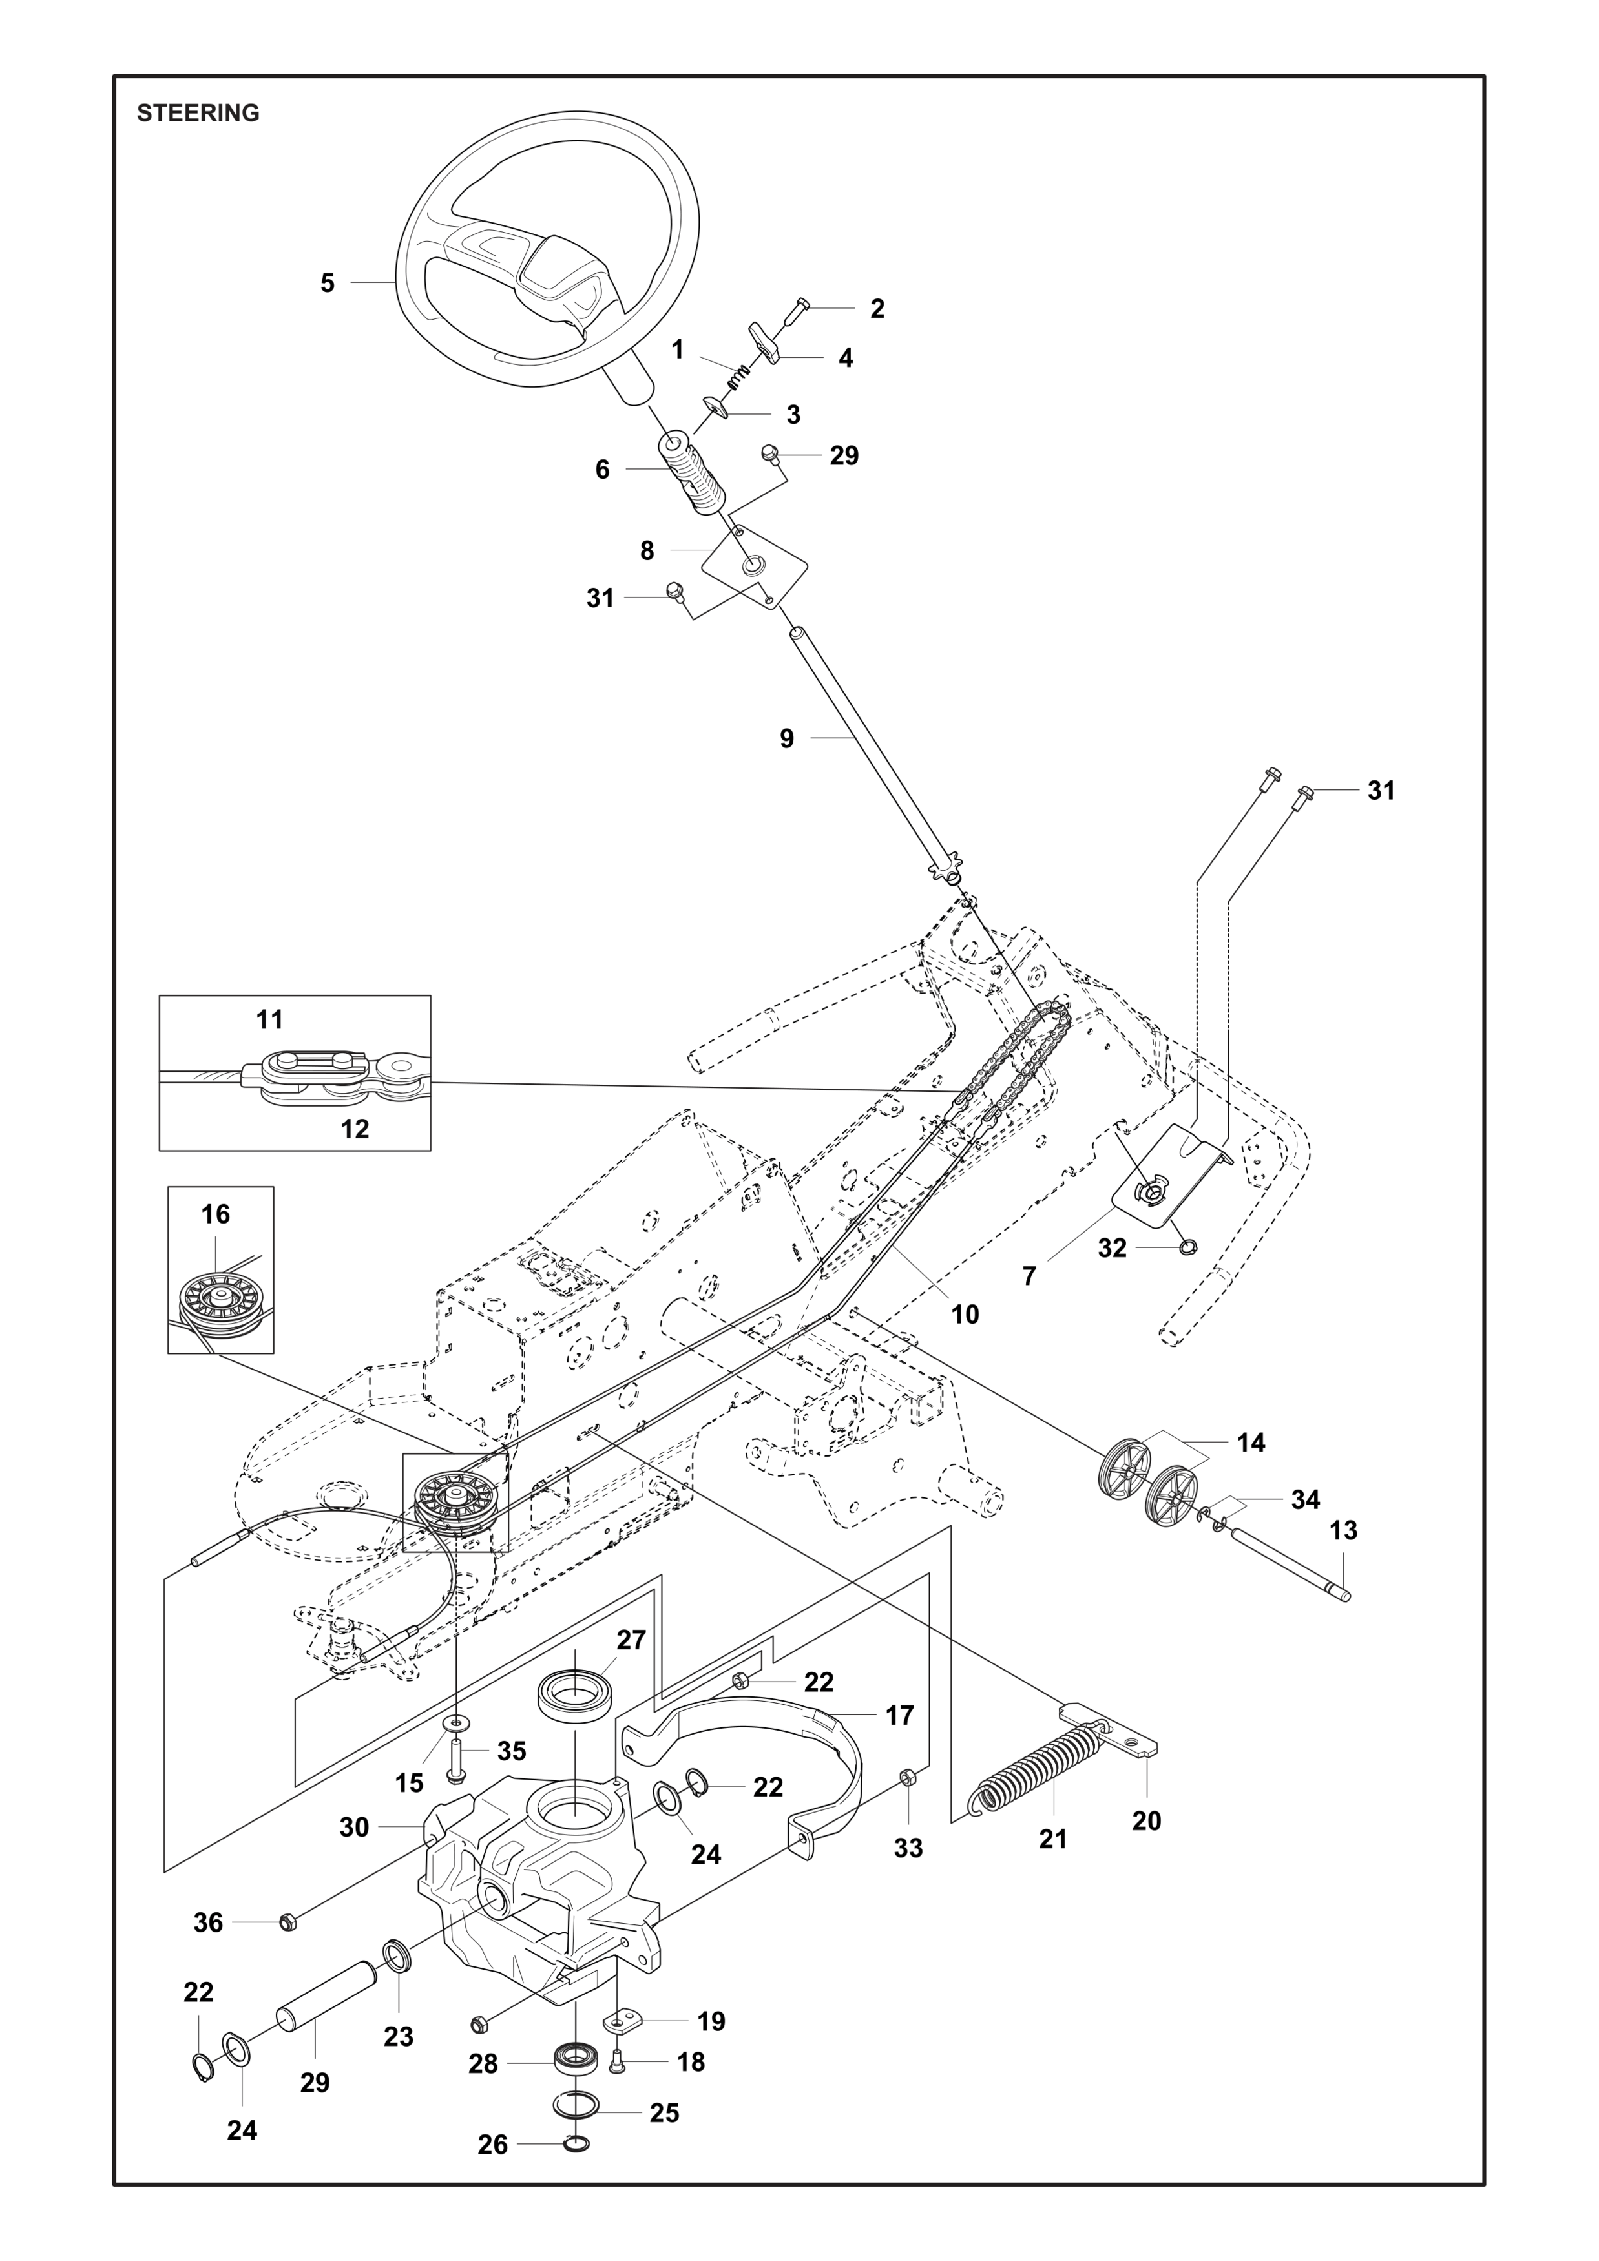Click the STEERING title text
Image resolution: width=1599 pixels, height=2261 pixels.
[x=198, y=113]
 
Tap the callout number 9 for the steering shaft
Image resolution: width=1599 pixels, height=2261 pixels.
[x=787, y=738]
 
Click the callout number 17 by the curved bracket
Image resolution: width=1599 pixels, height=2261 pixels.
[x=899, y=1714]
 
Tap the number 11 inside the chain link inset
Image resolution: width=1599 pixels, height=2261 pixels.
[x=270, y=1019]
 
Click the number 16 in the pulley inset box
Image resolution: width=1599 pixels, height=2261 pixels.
[x=216, y=1214]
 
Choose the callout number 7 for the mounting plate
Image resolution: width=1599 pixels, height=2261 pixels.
[x=1029, y=1276]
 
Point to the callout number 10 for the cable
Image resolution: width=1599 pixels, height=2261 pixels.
[x=965, y=1314]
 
